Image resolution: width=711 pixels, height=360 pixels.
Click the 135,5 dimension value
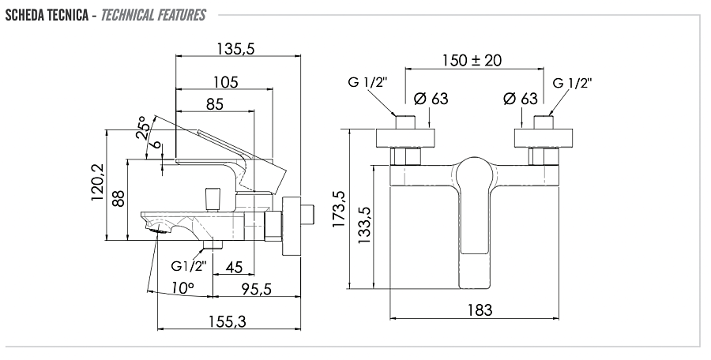point(235,49)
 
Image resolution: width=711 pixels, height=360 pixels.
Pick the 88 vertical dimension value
point(119,197)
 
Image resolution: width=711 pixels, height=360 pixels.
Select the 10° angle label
point(181,289)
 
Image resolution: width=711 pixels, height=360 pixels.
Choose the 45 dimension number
point(234,268)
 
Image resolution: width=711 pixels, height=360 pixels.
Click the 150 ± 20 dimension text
point(472,61)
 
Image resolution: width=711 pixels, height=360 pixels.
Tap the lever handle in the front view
point(473,205)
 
